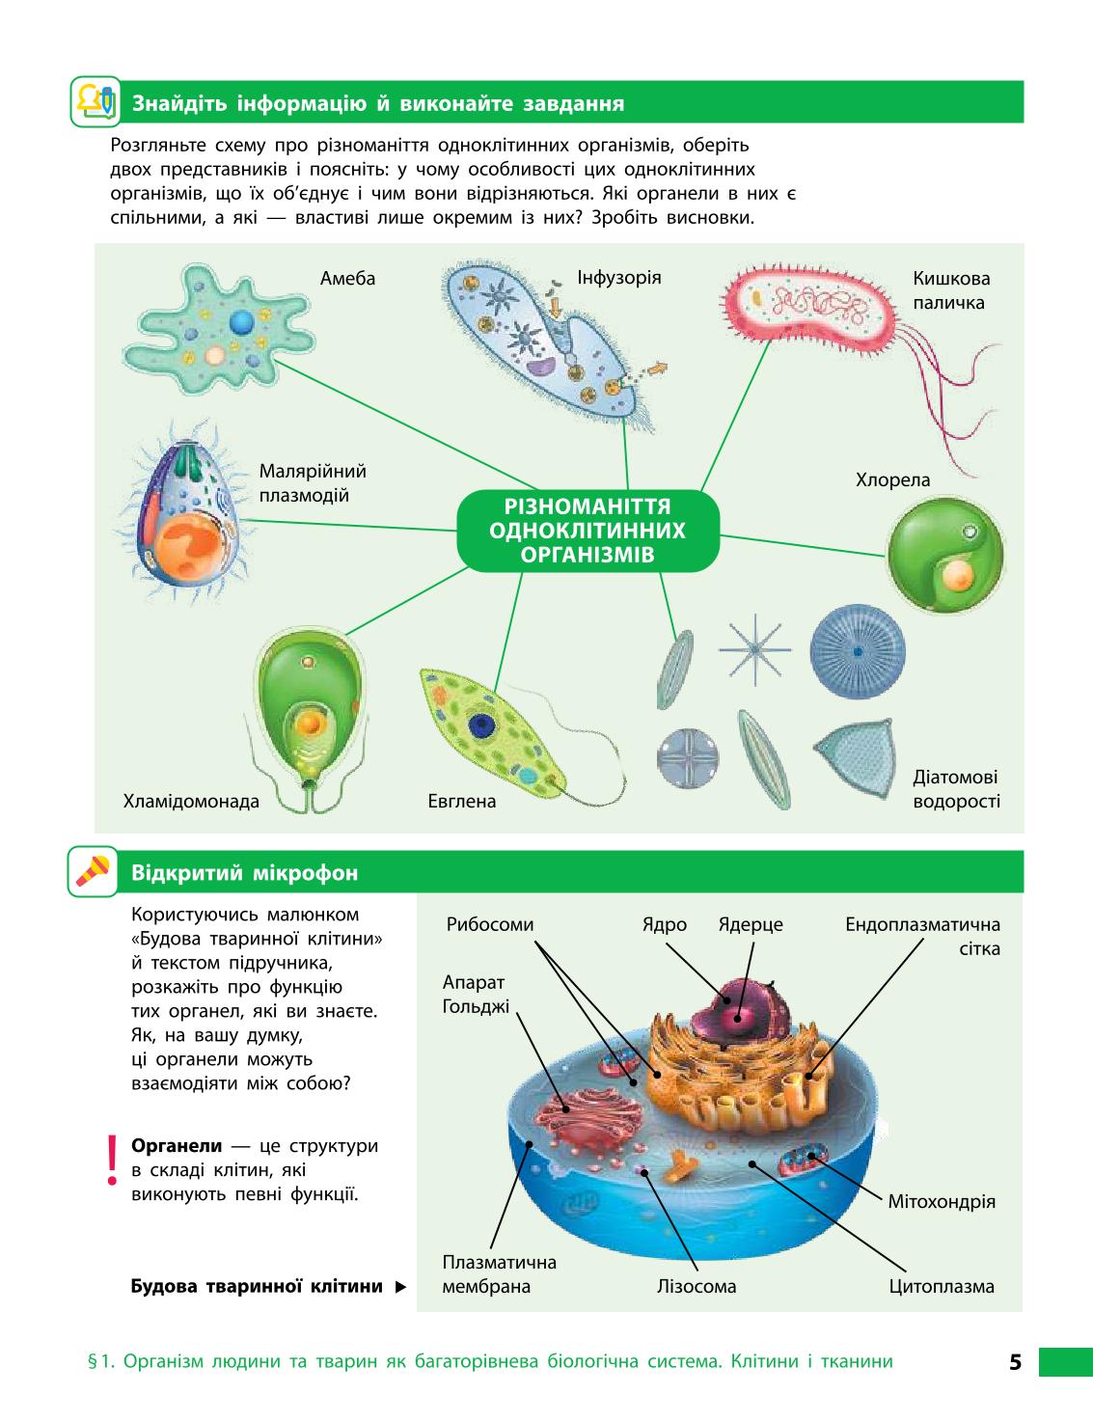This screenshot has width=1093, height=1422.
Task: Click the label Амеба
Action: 347,279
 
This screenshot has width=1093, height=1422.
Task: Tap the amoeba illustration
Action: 219,330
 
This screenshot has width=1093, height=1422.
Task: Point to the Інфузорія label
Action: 618,278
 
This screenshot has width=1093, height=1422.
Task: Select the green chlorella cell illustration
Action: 945,555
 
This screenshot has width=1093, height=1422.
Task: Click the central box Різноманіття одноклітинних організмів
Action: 587,531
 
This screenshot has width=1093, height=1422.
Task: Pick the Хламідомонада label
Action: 191,801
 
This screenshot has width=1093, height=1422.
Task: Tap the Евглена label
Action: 462,801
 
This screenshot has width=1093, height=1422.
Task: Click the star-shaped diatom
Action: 754,650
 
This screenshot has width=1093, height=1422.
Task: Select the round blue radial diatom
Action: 858,652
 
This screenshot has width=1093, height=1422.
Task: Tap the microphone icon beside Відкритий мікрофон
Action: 94,872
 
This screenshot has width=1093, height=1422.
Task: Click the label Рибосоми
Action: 490,924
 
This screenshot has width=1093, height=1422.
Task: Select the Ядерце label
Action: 751,924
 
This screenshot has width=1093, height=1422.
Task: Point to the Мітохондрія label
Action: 942,1201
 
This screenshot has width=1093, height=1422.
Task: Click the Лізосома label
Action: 697,1286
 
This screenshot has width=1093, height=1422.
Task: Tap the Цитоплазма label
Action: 942,1286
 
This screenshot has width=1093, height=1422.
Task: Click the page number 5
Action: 1015,1362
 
